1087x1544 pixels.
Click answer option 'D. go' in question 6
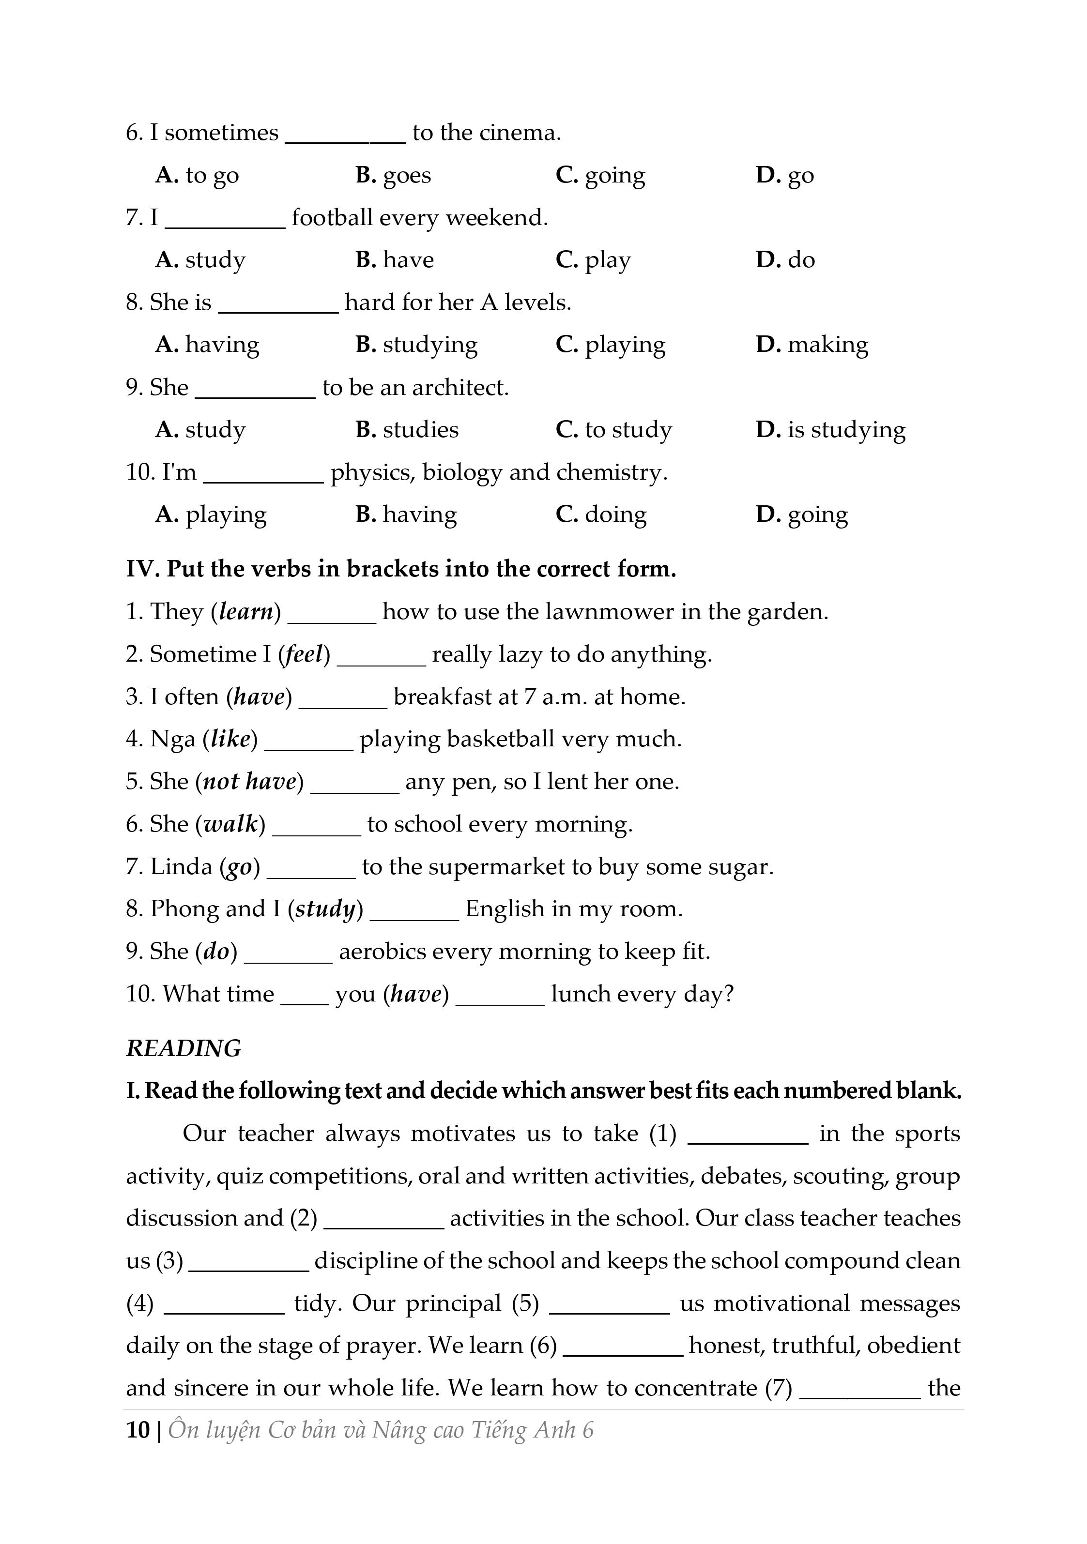(x=784, y=176)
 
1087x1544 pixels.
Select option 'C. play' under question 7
(x=593, y=260)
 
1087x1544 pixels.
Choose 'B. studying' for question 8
(x=416, y=345)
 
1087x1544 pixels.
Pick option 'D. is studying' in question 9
(x=830, y=430)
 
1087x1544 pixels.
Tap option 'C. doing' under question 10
(x=601, y=515)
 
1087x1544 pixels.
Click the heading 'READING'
(x=183, y=1048)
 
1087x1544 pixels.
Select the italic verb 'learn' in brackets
(x=246, y=612)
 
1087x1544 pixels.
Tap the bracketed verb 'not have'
(x=249, y=781)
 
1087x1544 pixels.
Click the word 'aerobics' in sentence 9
(x=382, y=952)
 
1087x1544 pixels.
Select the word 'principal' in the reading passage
(x=453, y=1304)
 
